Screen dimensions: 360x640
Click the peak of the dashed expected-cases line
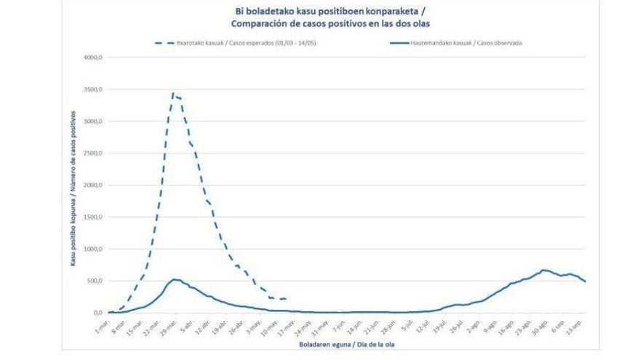[172, 92]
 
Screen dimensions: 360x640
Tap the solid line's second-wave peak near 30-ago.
[543, 270]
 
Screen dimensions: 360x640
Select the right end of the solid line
[585, 281]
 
